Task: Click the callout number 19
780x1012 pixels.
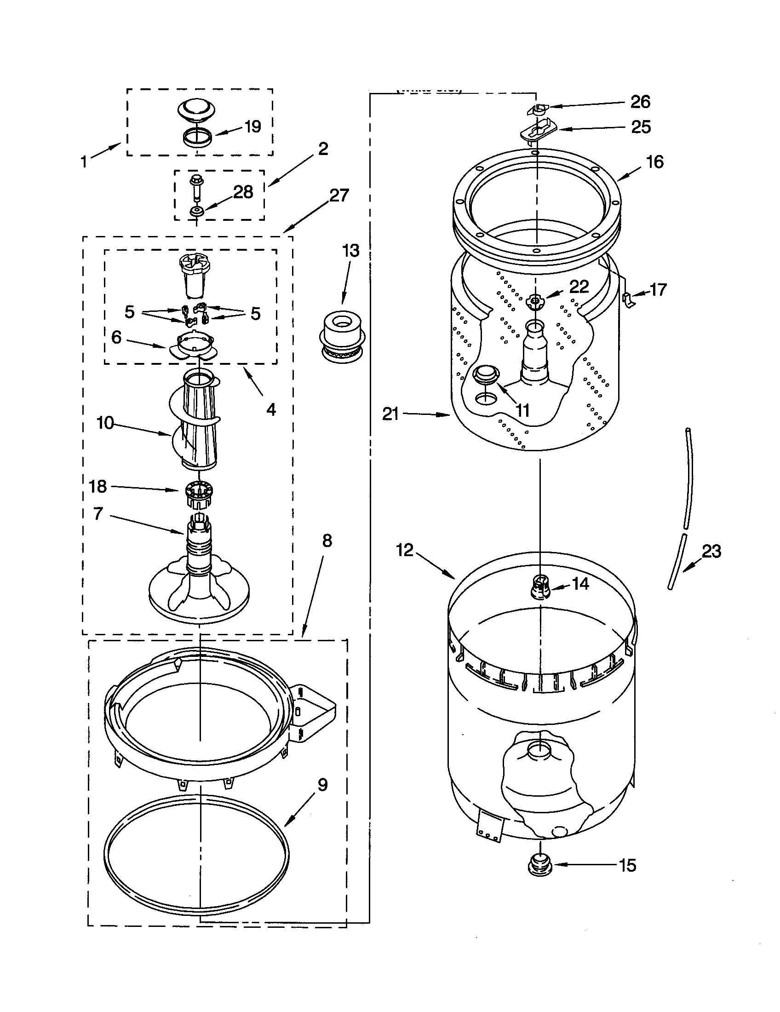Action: coord(252,126)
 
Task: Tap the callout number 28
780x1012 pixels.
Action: coord(243,192)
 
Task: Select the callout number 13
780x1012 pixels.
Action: coord(350,251)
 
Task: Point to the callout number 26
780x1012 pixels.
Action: coord(640,102)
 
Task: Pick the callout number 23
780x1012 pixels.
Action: coord(711,551)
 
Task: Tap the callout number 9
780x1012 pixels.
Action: coord(322,785)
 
